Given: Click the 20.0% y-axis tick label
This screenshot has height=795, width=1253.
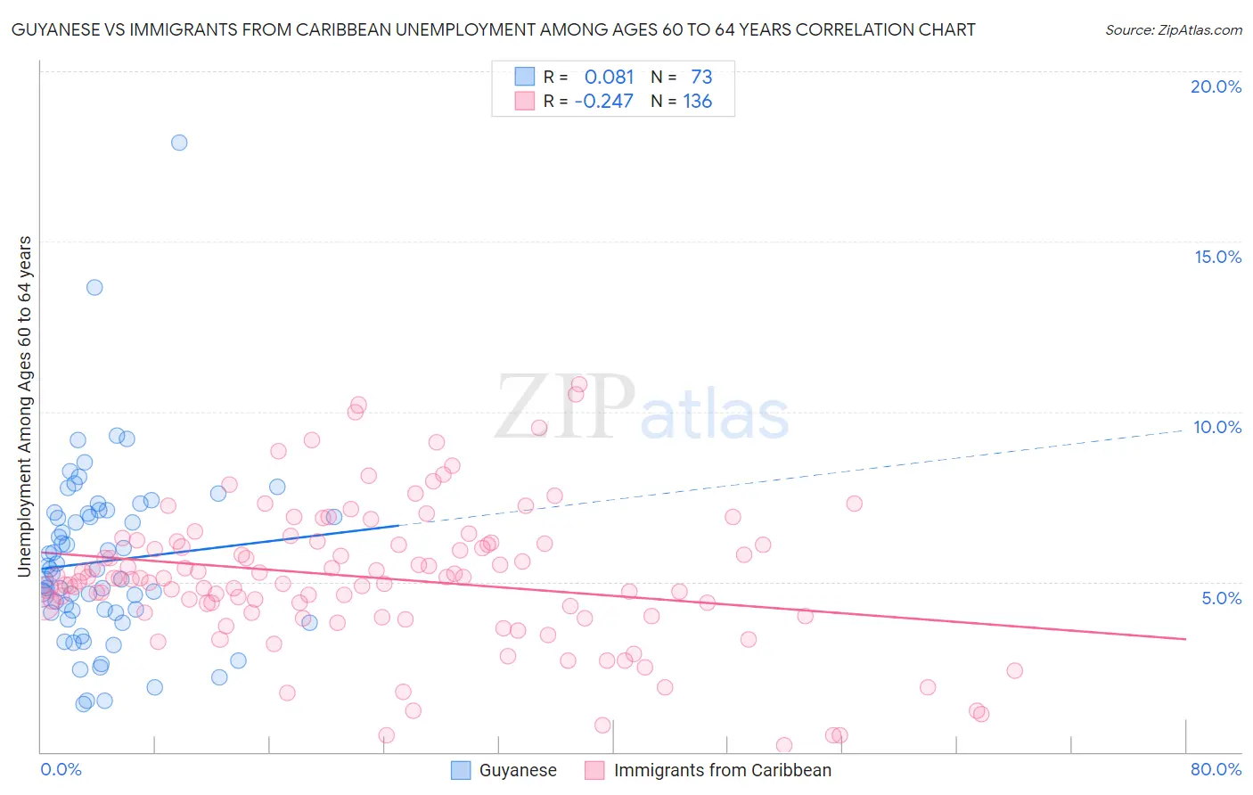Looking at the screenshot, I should coord(1216,86).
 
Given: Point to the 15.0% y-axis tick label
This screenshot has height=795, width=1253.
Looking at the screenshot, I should coord(1217,257).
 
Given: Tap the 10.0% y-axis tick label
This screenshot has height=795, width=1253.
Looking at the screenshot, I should coord(1217,427).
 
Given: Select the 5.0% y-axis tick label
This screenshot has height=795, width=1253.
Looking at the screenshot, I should coord(1221,598).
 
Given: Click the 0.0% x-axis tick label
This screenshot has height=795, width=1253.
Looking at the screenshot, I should coord(61,769).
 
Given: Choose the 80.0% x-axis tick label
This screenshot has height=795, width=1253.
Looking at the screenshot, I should coord(1216,769).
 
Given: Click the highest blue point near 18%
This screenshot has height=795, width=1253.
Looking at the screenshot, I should coord(179,143).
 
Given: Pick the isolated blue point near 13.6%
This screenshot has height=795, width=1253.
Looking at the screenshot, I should coord(94,287).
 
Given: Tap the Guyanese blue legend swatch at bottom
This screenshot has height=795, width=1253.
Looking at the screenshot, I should coord(461,770).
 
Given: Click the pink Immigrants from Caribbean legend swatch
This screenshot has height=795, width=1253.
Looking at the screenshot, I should coord(594,770).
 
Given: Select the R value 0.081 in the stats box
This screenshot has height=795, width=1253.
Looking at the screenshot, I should coord(609,78).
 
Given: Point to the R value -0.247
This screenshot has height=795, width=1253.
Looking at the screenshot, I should coord(603,102).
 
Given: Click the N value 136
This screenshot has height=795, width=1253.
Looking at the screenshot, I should coord(697,102).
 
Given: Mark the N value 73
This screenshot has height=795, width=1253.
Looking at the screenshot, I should coord(701,78).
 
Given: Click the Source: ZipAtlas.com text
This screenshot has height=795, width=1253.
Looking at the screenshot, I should coord(1173,29).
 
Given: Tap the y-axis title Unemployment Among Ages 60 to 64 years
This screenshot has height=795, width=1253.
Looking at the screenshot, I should coord(25,406).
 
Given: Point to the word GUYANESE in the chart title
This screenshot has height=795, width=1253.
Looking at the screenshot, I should coord(53,29).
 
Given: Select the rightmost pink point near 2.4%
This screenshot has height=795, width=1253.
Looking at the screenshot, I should coord(1014,670).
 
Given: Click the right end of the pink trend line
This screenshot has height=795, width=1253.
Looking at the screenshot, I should coord(1185,639).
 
